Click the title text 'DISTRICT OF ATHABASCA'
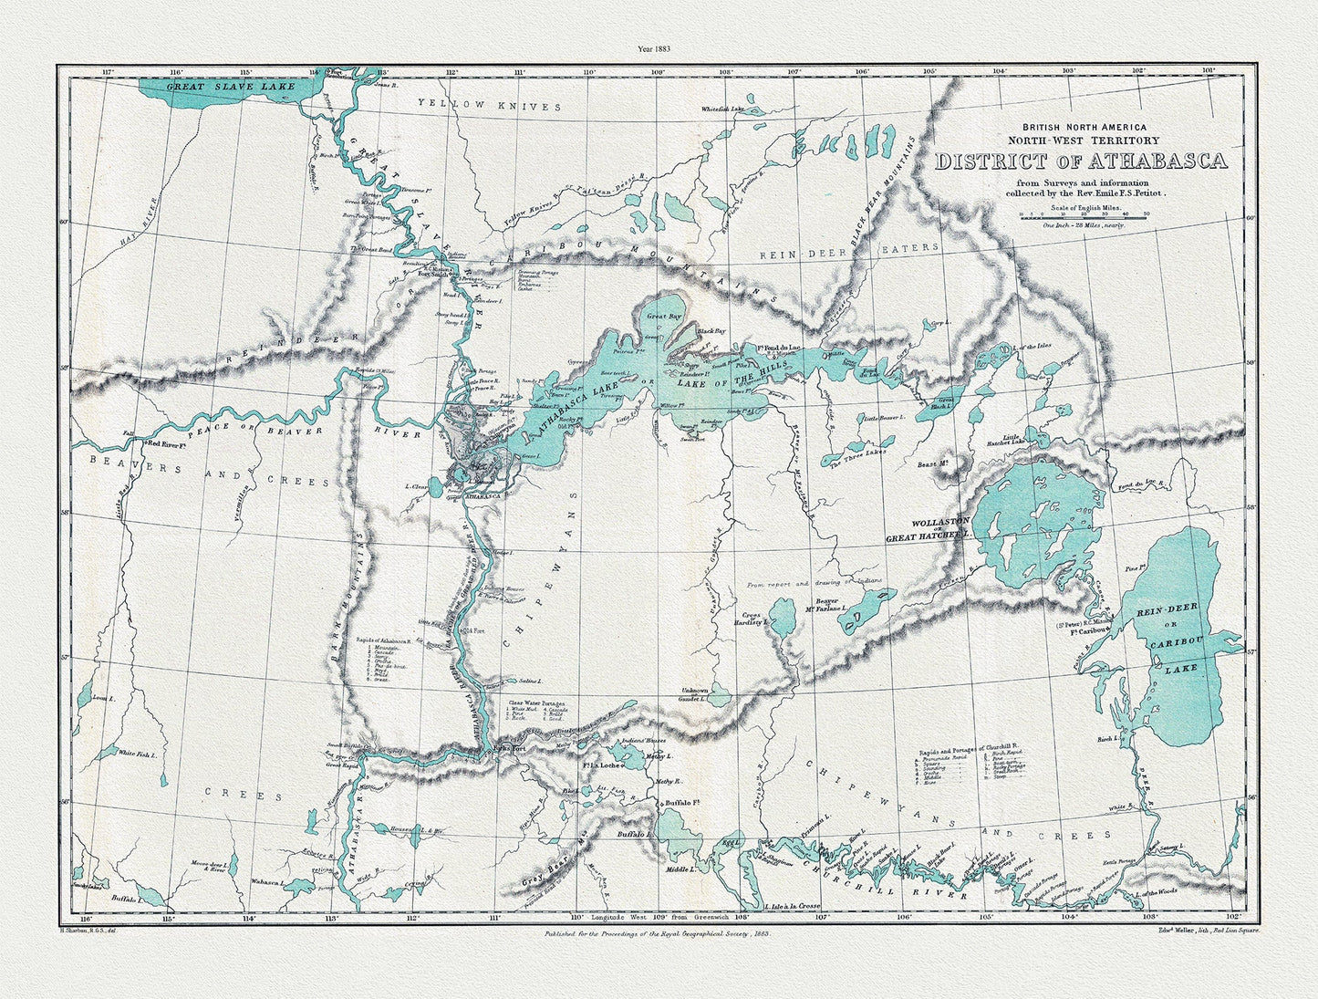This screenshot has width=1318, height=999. pyautogui.click(x=1081, y=161)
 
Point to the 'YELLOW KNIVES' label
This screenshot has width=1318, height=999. pyautogui.click(x=490, y=107)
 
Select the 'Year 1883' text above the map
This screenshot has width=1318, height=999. pyautogui.click(x=658, y=49)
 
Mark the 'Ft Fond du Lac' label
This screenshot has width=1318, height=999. pyautogui.click(x=774, y=347)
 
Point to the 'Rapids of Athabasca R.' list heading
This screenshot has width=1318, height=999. pyautogui.click(x=384, y=640)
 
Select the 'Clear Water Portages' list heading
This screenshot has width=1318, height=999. pyautogui.click(x=537, y=703)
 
